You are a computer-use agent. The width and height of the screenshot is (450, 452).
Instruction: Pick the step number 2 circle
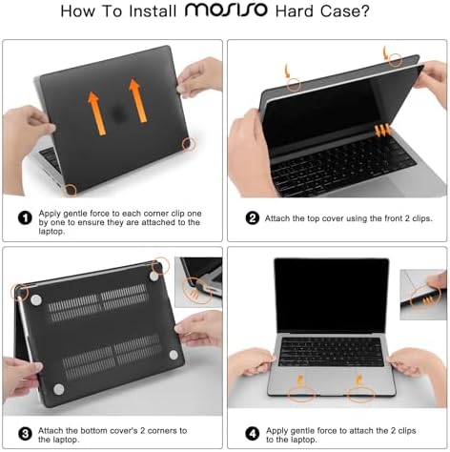253,217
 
